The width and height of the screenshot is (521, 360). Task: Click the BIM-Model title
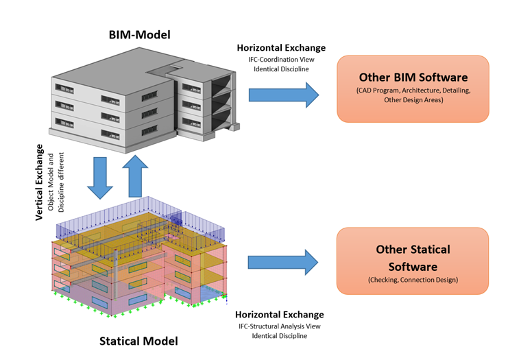[x=139, y=34]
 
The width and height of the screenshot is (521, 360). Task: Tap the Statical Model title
[x=138, y=341]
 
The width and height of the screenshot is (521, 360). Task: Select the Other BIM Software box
[x=413, y=89]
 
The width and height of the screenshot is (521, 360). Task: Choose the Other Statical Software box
[x=413, y=261]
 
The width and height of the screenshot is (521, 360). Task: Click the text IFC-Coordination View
[x=281, y=59]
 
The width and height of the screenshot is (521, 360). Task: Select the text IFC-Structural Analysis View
[x=279, y=326]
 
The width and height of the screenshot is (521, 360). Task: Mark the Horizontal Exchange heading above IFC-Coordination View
[x=281, y=48]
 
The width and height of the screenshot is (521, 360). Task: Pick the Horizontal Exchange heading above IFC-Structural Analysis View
[x=279, y=315]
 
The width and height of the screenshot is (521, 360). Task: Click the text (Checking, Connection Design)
[x=413, y=280]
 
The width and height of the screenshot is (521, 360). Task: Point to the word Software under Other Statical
[x=413, y=265]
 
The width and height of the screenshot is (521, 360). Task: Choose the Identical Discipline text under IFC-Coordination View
[x=281, y=69]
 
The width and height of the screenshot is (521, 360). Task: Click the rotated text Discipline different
[x=62, y=182]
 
